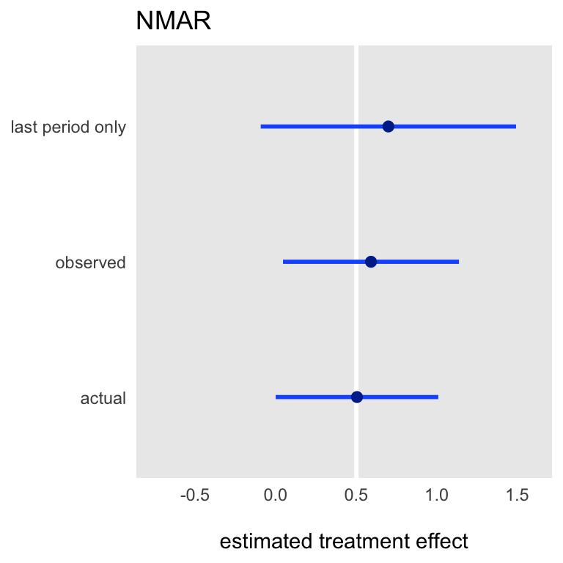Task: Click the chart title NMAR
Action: [x=174, y=21]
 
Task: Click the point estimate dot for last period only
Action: [x=388, y=126]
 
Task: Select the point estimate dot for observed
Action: [x=371, y=262]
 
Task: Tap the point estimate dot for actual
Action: [x=357, y=397]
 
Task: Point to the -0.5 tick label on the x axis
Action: [x=194, y=495]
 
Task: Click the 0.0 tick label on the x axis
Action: [x=276, y=495]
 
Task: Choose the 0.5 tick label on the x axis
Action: [x=356, y=495]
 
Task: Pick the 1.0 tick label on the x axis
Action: [x=437, y=495]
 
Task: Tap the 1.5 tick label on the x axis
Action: [x=518, y=495]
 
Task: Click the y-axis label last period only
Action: [x=68, y=127]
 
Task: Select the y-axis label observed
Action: [x=90, y=262]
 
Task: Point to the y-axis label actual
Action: [x=103, y=398]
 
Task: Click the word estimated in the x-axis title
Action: [x=266, y=541]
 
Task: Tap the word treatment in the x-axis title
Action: [x=364, y=541]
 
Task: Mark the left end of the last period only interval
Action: [x=261, y=126]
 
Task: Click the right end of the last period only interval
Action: [x=516, y=126]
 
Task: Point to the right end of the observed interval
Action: [x=459, y=262]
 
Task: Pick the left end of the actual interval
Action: [x=276, y=397]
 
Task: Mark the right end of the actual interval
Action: [x=438, y=397]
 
